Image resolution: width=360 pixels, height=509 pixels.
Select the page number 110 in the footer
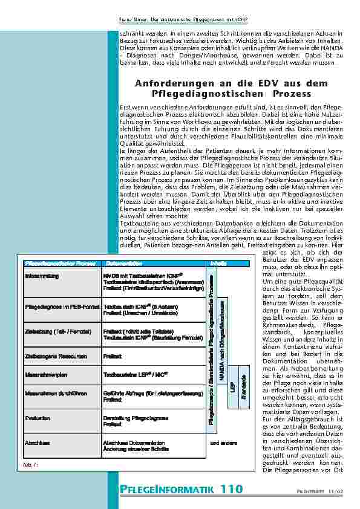point(231,489)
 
